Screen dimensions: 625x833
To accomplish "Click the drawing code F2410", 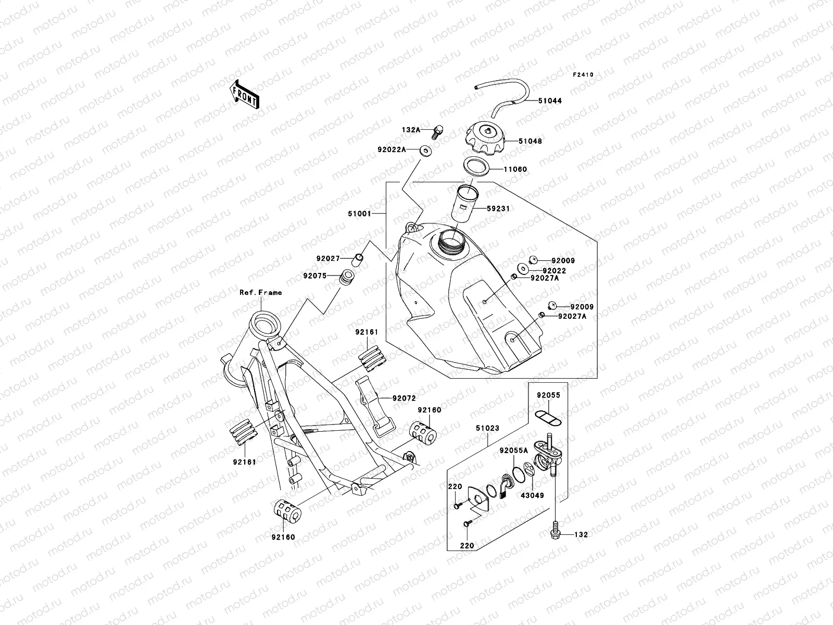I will click(x=583, y=75).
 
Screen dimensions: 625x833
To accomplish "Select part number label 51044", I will click(x=550, y=101).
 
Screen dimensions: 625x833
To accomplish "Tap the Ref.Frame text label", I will click(x=260, y=292).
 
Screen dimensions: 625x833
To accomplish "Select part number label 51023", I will click(x=487, y=428).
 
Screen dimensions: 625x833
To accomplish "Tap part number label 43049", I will click(x=532, y=495).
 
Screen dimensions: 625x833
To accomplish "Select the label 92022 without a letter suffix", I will click(x=554, y=271).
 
